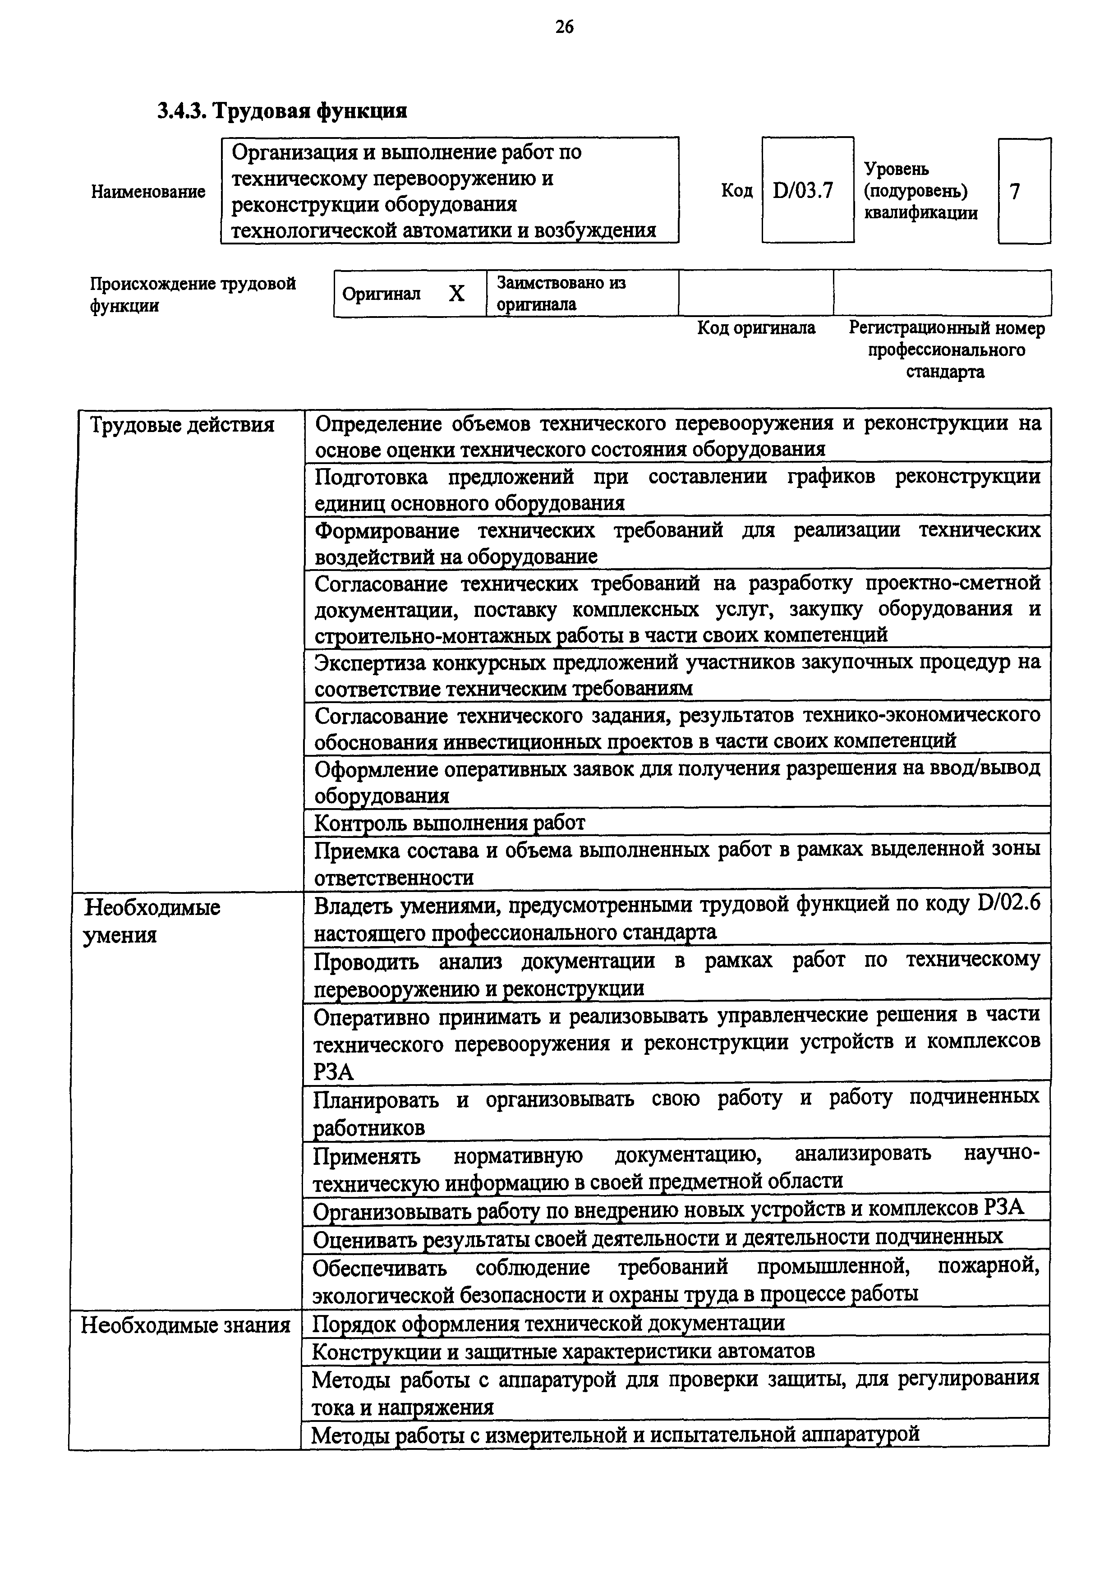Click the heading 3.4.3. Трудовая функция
(x=282, y=110)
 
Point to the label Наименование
(x=148, y=192)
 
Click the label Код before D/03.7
(x=736, y=190)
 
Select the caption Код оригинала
(x=756, y=328)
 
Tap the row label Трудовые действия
(x=183, y=425)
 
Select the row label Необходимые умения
(x=152, y=921)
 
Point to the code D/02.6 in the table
(x=1008, y=904)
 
